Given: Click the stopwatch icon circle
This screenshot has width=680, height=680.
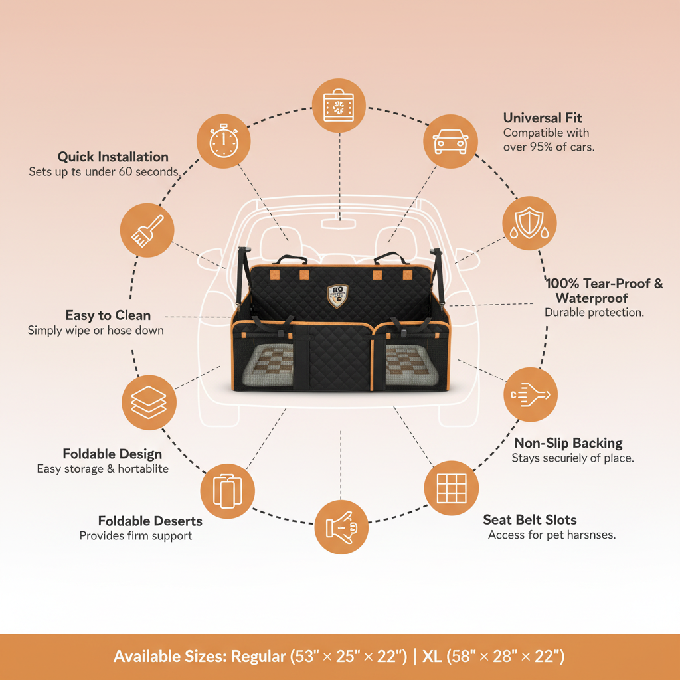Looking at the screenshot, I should pyautogui.click(x=224, y=141).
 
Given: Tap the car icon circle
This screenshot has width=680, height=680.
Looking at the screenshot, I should pyautogui.click(x=451, y=141).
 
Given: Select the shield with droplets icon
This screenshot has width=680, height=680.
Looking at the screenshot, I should pyautogui.click(x=529, y=223).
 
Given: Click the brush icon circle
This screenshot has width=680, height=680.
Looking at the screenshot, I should pyautogui.click(x=147, y=230).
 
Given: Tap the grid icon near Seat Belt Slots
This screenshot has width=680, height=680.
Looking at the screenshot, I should pyautogui.click(x=452, y=488).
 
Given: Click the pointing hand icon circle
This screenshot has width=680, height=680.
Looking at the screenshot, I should pyautogui.click(x=341, y=527).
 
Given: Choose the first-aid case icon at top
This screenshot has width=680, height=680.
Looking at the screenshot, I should pyautogui.click(x=339, y=106).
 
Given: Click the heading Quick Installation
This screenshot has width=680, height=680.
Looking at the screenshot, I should pyautogui.click(x=113, y=157).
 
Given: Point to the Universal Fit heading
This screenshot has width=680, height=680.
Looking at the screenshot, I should pyautogui.click(x=543, y=118).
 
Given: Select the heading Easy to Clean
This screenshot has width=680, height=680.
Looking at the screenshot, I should pyautogui.click(x=108, y=315).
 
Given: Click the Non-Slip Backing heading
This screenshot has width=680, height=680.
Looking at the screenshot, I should pyautogui.click(x=568, y=442).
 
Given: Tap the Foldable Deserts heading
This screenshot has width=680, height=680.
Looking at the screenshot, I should pyautogui.click(x=150, y=521).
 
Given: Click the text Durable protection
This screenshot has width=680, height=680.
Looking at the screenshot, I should pyautogui.click(x=594, y=312).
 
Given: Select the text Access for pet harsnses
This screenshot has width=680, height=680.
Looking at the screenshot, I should pyautogui.click(x=552, y=535).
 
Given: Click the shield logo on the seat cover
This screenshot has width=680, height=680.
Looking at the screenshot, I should pyautogui.click(x=337, y=296).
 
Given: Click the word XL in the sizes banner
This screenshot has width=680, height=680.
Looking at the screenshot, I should pyautogui.click(x=432, y=657).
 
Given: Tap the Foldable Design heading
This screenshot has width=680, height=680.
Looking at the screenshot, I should pyautogui.click(x=112, y=454).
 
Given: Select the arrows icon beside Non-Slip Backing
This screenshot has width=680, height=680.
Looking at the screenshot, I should pyautogui.click(x=531, y=394).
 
